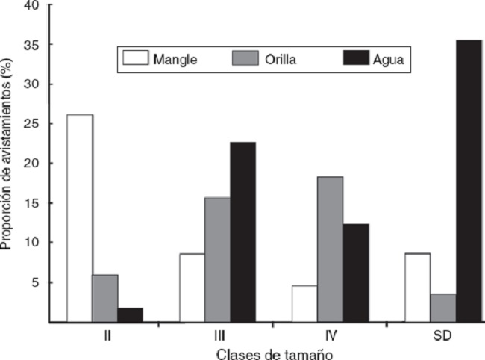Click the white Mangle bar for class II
[80, 218]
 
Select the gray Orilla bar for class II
[105, 298]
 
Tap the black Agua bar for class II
[130, 314]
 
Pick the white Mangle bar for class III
[192, 288]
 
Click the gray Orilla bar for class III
[217, 259]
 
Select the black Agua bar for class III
[242, 232]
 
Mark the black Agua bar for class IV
[356, 273]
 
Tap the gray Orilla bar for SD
[443, 308]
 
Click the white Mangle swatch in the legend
[134, 59]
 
